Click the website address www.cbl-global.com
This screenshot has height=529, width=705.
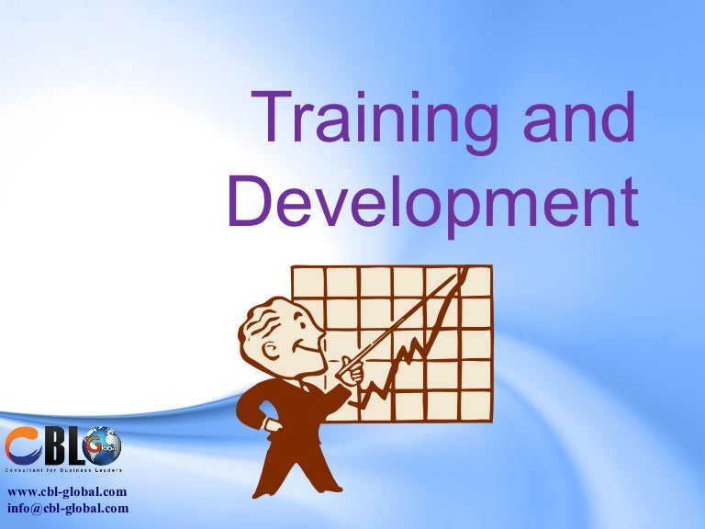tap(66, 492)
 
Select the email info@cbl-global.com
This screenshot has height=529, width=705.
tap(67, 508)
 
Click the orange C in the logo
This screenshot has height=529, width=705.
tap(20, 448)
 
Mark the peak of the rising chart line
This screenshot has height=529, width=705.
tap(464, 270)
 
